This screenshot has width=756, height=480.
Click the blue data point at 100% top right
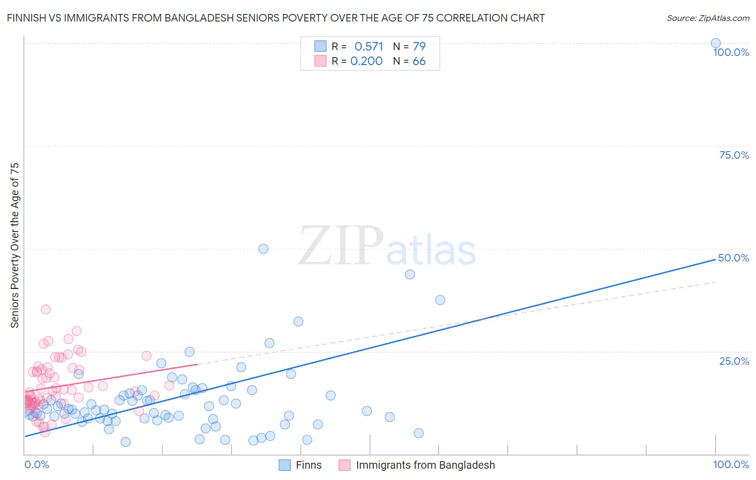(715, 43)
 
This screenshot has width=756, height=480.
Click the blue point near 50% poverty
(263, 249)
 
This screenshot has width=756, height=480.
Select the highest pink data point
(46, 309)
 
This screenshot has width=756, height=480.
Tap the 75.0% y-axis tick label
(734, 155)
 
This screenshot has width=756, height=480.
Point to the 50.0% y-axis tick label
(733, 258)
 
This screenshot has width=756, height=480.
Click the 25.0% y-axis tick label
(734, 361)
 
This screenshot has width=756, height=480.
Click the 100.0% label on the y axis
(731, 52)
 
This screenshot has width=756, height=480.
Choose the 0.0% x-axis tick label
(37, 465)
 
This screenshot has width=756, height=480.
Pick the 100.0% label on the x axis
(731, 465)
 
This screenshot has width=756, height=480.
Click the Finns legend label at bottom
(309, 465)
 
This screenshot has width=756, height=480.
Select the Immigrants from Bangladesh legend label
(425, 465)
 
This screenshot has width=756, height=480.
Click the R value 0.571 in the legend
(368, 47)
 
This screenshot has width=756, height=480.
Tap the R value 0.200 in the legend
(366, 61)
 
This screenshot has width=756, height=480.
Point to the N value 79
(419, 47)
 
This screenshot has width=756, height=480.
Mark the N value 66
(419, 61)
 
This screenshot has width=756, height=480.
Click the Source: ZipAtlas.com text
(708, 18)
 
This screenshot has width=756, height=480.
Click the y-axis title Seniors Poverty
(15, 245)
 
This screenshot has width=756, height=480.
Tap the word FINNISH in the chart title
(26, 18)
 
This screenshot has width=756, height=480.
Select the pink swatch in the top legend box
(320, 61)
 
